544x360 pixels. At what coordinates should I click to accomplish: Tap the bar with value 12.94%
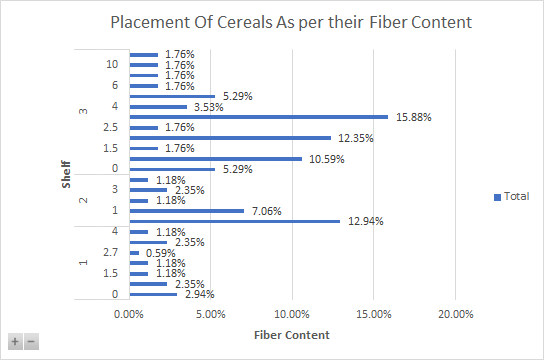click(234, 221)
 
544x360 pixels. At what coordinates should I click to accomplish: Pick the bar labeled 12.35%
click(229, 138)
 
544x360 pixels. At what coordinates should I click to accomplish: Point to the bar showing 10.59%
click(215, 158)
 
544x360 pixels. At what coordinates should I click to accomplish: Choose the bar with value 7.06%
click(186, 211)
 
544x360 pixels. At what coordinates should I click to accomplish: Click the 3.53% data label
click(208, 107)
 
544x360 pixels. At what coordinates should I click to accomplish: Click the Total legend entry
click(511, 197)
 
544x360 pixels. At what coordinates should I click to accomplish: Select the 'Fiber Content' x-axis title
click(291, 334)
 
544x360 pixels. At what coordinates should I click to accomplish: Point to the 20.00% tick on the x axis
click(455, 314)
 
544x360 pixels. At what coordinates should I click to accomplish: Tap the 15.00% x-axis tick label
click(373, 314)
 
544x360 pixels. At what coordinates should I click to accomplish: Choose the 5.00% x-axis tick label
click(210, 314)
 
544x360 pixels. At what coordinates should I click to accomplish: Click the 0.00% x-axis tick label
click(129, 314)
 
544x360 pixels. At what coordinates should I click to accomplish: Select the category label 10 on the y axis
click(113, 65)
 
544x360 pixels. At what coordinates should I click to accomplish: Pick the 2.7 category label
click(112, 253)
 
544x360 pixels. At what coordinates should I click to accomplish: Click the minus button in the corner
click(30, 341)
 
